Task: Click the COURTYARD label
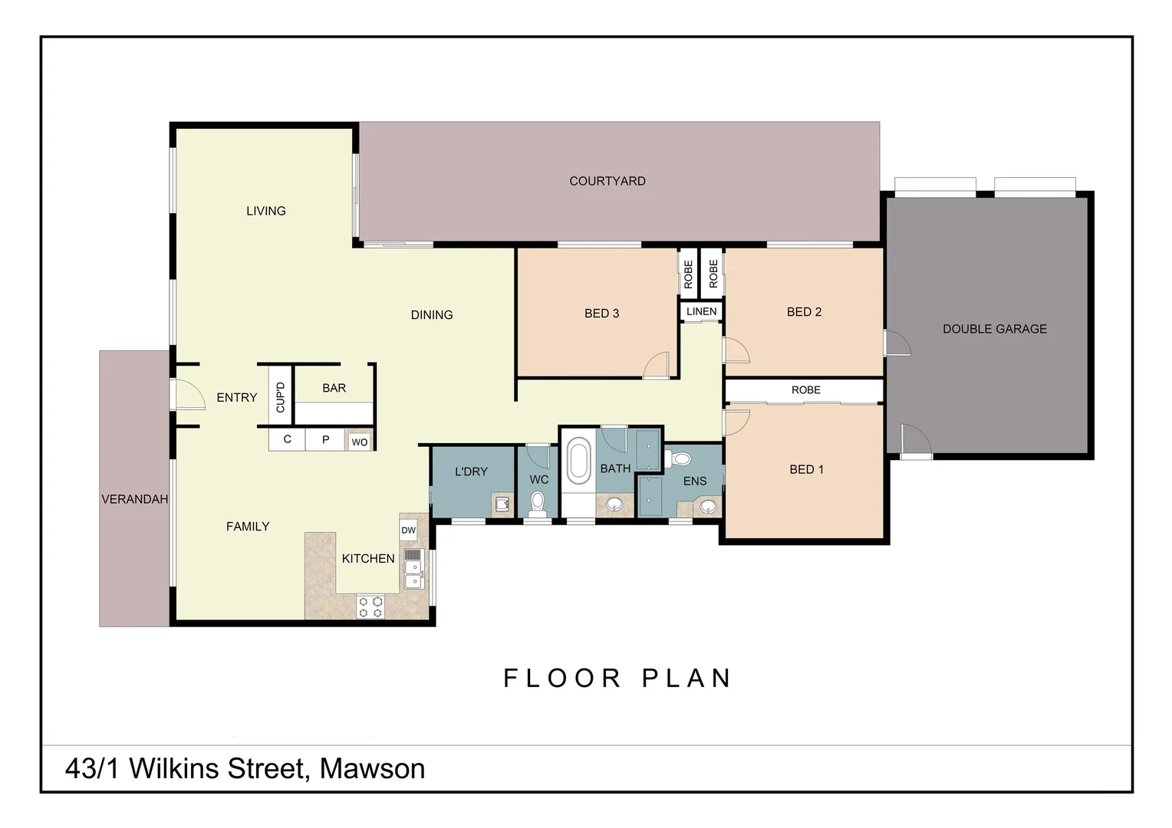(x=607, y=181)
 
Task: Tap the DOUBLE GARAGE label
(x=994, y=329)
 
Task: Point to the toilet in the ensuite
(x=680, y=459)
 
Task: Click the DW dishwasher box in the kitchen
(x=408, y=530)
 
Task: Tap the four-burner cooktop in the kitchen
(x=370, y=607)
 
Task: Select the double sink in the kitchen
(x=413, y=569)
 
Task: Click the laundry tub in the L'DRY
(x=502, y=505)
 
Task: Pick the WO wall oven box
(x=359, y=442)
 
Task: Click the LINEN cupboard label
(x=701, y=311)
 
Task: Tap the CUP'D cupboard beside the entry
(x=280, y=396)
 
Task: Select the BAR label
(x=334, y=388)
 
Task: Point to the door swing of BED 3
(x=657, y=366)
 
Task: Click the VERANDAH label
(x=134, y=499)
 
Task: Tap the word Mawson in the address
(x=372, y=768)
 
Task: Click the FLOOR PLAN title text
(x=617, y=678)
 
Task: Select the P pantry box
(x=325, y=439)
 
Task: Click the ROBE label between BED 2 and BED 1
(x=805, y=390)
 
